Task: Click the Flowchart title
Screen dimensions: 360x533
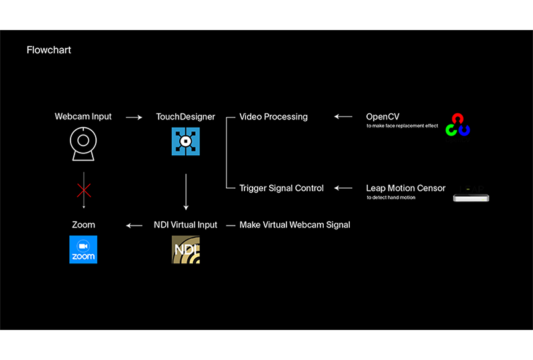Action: click(49, 50)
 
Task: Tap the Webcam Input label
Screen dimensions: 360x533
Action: click(83, 117)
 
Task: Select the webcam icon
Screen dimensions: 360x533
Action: click(83, 144)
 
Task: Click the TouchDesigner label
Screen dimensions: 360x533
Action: click(185, 117)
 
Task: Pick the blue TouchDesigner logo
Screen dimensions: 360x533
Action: click(185, 143)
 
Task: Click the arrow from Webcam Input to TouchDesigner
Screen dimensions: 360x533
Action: click(135, 117)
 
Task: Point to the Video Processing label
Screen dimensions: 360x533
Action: click(273, 117)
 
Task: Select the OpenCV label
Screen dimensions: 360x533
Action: click(382, 117)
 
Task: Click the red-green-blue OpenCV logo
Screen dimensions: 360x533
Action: click(458, 125)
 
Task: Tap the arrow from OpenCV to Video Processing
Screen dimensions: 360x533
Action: click(343, 117)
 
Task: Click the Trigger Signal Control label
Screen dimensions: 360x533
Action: click(281, 188)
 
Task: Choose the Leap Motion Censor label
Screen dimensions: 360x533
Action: click(406, 188)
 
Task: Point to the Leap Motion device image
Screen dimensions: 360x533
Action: click(471, 194)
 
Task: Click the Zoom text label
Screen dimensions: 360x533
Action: click(83, 225)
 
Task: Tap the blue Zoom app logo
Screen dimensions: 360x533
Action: click(83, 249)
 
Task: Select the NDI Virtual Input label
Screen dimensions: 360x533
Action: click(185, 225)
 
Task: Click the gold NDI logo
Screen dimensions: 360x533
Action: click(185, 249)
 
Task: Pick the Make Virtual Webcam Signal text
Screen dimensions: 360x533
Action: click(294, 225)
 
